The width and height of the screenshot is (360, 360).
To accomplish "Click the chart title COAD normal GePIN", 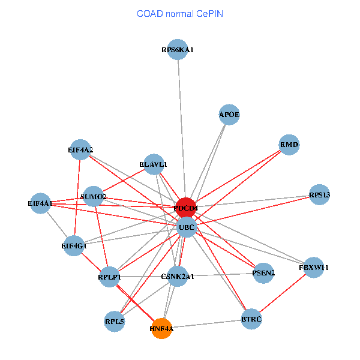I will tap(180, 13).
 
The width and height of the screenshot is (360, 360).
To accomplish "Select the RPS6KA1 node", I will tap(178, 50).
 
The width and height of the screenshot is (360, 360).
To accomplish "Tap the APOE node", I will tap(229, 114).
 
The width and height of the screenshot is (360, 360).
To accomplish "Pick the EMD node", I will tap(289, 145).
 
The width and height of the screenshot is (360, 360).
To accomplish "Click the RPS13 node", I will tap(319, 194).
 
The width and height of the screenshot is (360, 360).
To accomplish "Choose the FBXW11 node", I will tap(314, 267).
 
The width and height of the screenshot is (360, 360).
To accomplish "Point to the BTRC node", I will tap(251, 319).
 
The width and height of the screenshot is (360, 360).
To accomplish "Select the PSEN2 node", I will tap(263, 273).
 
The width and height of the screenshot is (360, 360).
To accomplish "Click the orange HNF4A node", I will tap(161, 328).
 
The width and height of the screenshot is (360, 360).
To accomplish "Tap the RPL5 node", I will tap(114, 321).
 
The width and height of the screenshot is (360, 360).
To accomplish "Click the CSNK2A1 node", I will tap(178, 277).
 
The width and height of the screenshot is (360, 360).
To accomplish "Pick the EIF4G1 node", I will tap(74, 245).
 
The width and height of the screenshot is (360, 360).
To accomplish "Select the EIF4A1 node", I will tap(40, 203).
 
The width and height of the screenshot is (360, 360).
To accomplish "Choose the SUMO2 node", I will tap(93, 196).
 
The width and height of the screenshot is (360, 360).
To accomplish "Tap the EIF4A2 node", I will tap(80, 149).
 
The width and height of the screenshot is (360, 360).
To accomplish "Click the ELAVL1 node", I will tap(153, 164).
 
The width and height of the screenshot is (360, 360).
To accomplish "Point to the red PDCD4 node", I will tap(186, 208).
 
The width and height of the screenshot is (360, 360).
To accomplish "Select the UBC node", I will tap(187, 227).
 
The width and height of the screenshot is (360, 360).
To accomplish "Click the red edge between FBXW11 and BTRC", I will tap(283, 293).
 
